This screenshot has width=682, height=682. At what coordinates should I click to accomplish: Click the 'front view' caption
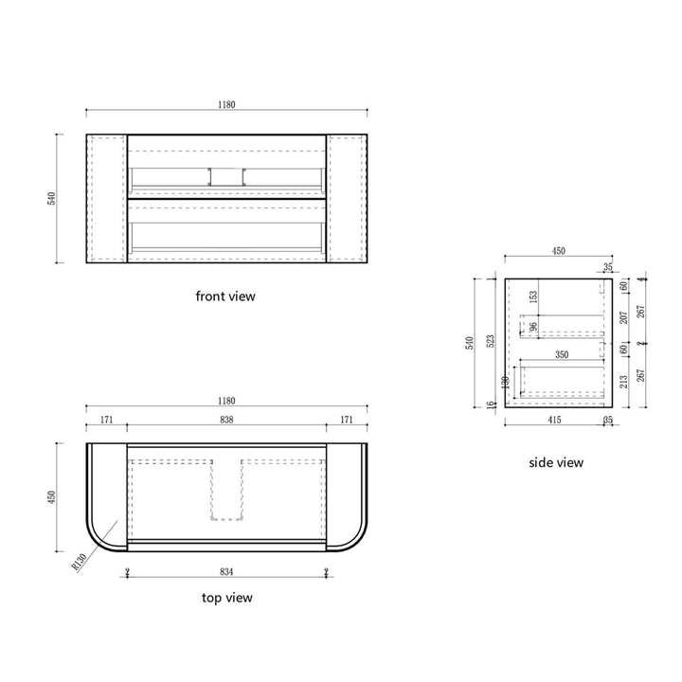click(x=225, y=296)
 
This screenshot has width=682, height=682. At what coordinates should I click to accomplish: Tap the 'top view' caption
click(x=226, y=598)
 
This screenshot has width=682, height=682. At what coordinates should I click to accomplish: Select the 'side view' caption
click(x=556, y=462)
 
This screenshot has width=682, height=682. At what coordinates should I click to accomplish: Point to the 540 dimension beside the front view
click(x=53, y=198)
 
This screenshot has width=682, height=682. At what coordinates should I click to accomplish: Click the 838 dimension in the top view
click(x=226, y=418)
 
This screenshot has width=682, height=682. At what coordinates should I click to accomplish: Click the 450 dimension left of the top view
click(x=53, y=496)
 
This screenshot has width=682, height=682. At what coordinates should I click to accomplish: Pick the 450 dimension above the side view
click(x=558, y=251)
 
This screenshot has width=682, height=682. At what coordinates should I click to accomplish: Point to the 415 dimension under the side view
click(x=554, y=419)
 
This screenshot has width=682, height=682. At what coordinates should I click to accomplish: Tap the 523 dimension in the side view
click(x=490, y=342)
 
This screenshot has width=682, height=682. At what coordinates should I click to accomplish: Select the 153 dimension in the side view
click(x=533, y=296)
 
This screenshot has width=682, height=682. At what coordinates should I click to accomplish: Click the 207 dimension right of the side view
click(x=623, y=316)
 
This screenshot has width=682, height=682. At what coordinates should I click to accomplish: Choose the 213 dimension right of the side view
click(x=623, y=382)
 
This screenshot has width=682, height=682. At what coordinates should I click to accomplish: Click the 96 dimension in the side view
click(x=533, y=327)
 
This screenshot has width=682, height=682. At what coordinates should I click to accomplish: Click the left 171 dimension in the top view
click(x=106, y=418)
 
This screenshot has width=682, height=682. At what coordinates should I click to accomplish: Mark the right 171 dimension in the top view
click(x=347, y=418)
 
